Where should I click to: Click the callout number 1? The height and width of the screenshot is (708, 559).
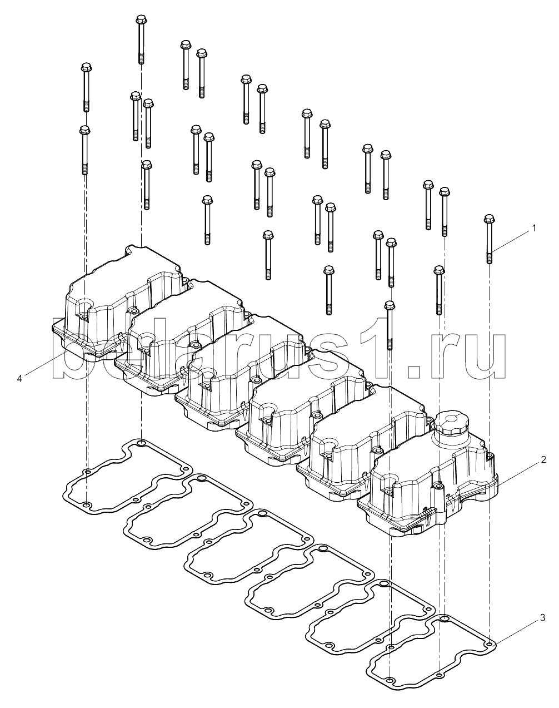pos(534,228)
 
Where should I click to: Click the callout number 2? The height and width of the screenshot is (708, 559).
pos(543,459)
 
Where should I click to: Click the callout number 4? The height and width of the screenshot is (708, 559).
pos(20,379)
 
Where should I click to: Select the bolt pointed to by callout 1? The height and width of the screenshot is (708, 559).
pos(490,239)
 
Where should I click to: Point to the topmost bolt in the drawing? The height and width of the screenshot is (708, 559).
pos(141,39)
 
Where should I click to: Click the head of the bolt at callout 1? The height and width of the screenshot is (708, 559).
pos(490,218)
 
